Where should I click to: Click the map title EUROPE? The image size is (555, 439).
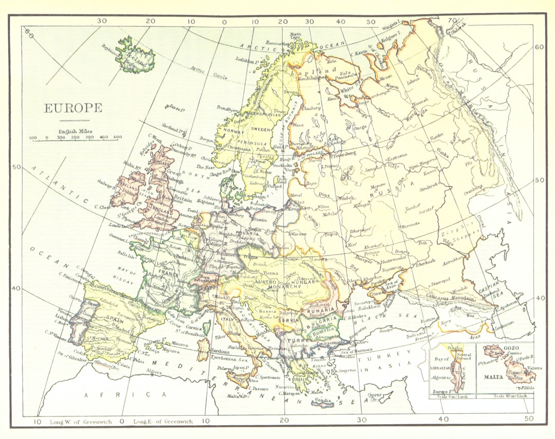point(73,108)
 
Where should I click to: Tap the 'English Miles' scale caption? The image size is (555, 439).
point(75,131)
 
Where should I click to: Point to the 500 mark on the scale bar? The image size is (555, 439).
point(118,137)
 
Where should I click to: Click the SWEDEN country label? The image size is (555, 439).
point(261,130)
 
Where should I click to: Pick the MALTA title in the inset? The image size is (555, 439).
point(492,376)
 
